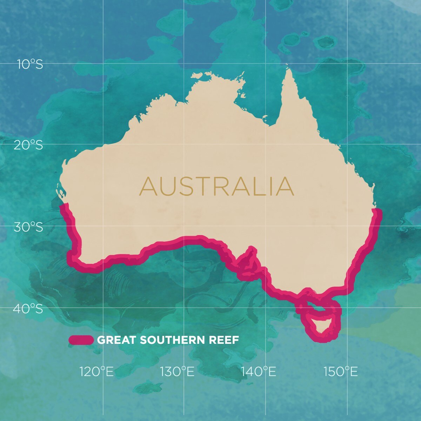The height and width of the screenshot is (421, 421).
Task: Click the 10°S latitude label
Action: point(30,64)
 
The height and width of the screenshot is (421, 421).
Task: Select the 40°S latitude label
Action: point(28,309)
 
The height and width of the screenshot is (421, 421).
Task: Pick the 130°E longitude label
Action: point(177,371)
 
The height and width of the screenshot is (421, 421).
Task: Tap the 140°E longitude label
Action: point(259,371)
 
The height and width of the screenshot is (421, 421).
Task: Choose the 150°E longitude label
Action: point(341,371)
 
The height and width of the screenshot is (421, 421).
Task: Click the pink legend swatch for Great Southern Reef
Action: point(81,340)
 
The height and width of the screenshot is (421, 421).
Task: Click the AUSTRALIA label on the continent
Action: point(216,187)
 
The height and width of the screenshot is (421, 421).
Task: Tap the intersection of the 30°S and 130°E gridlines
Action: point(184,225)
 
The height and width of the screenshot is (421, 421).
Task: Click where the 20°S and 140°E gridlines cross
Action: point(266,144)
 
